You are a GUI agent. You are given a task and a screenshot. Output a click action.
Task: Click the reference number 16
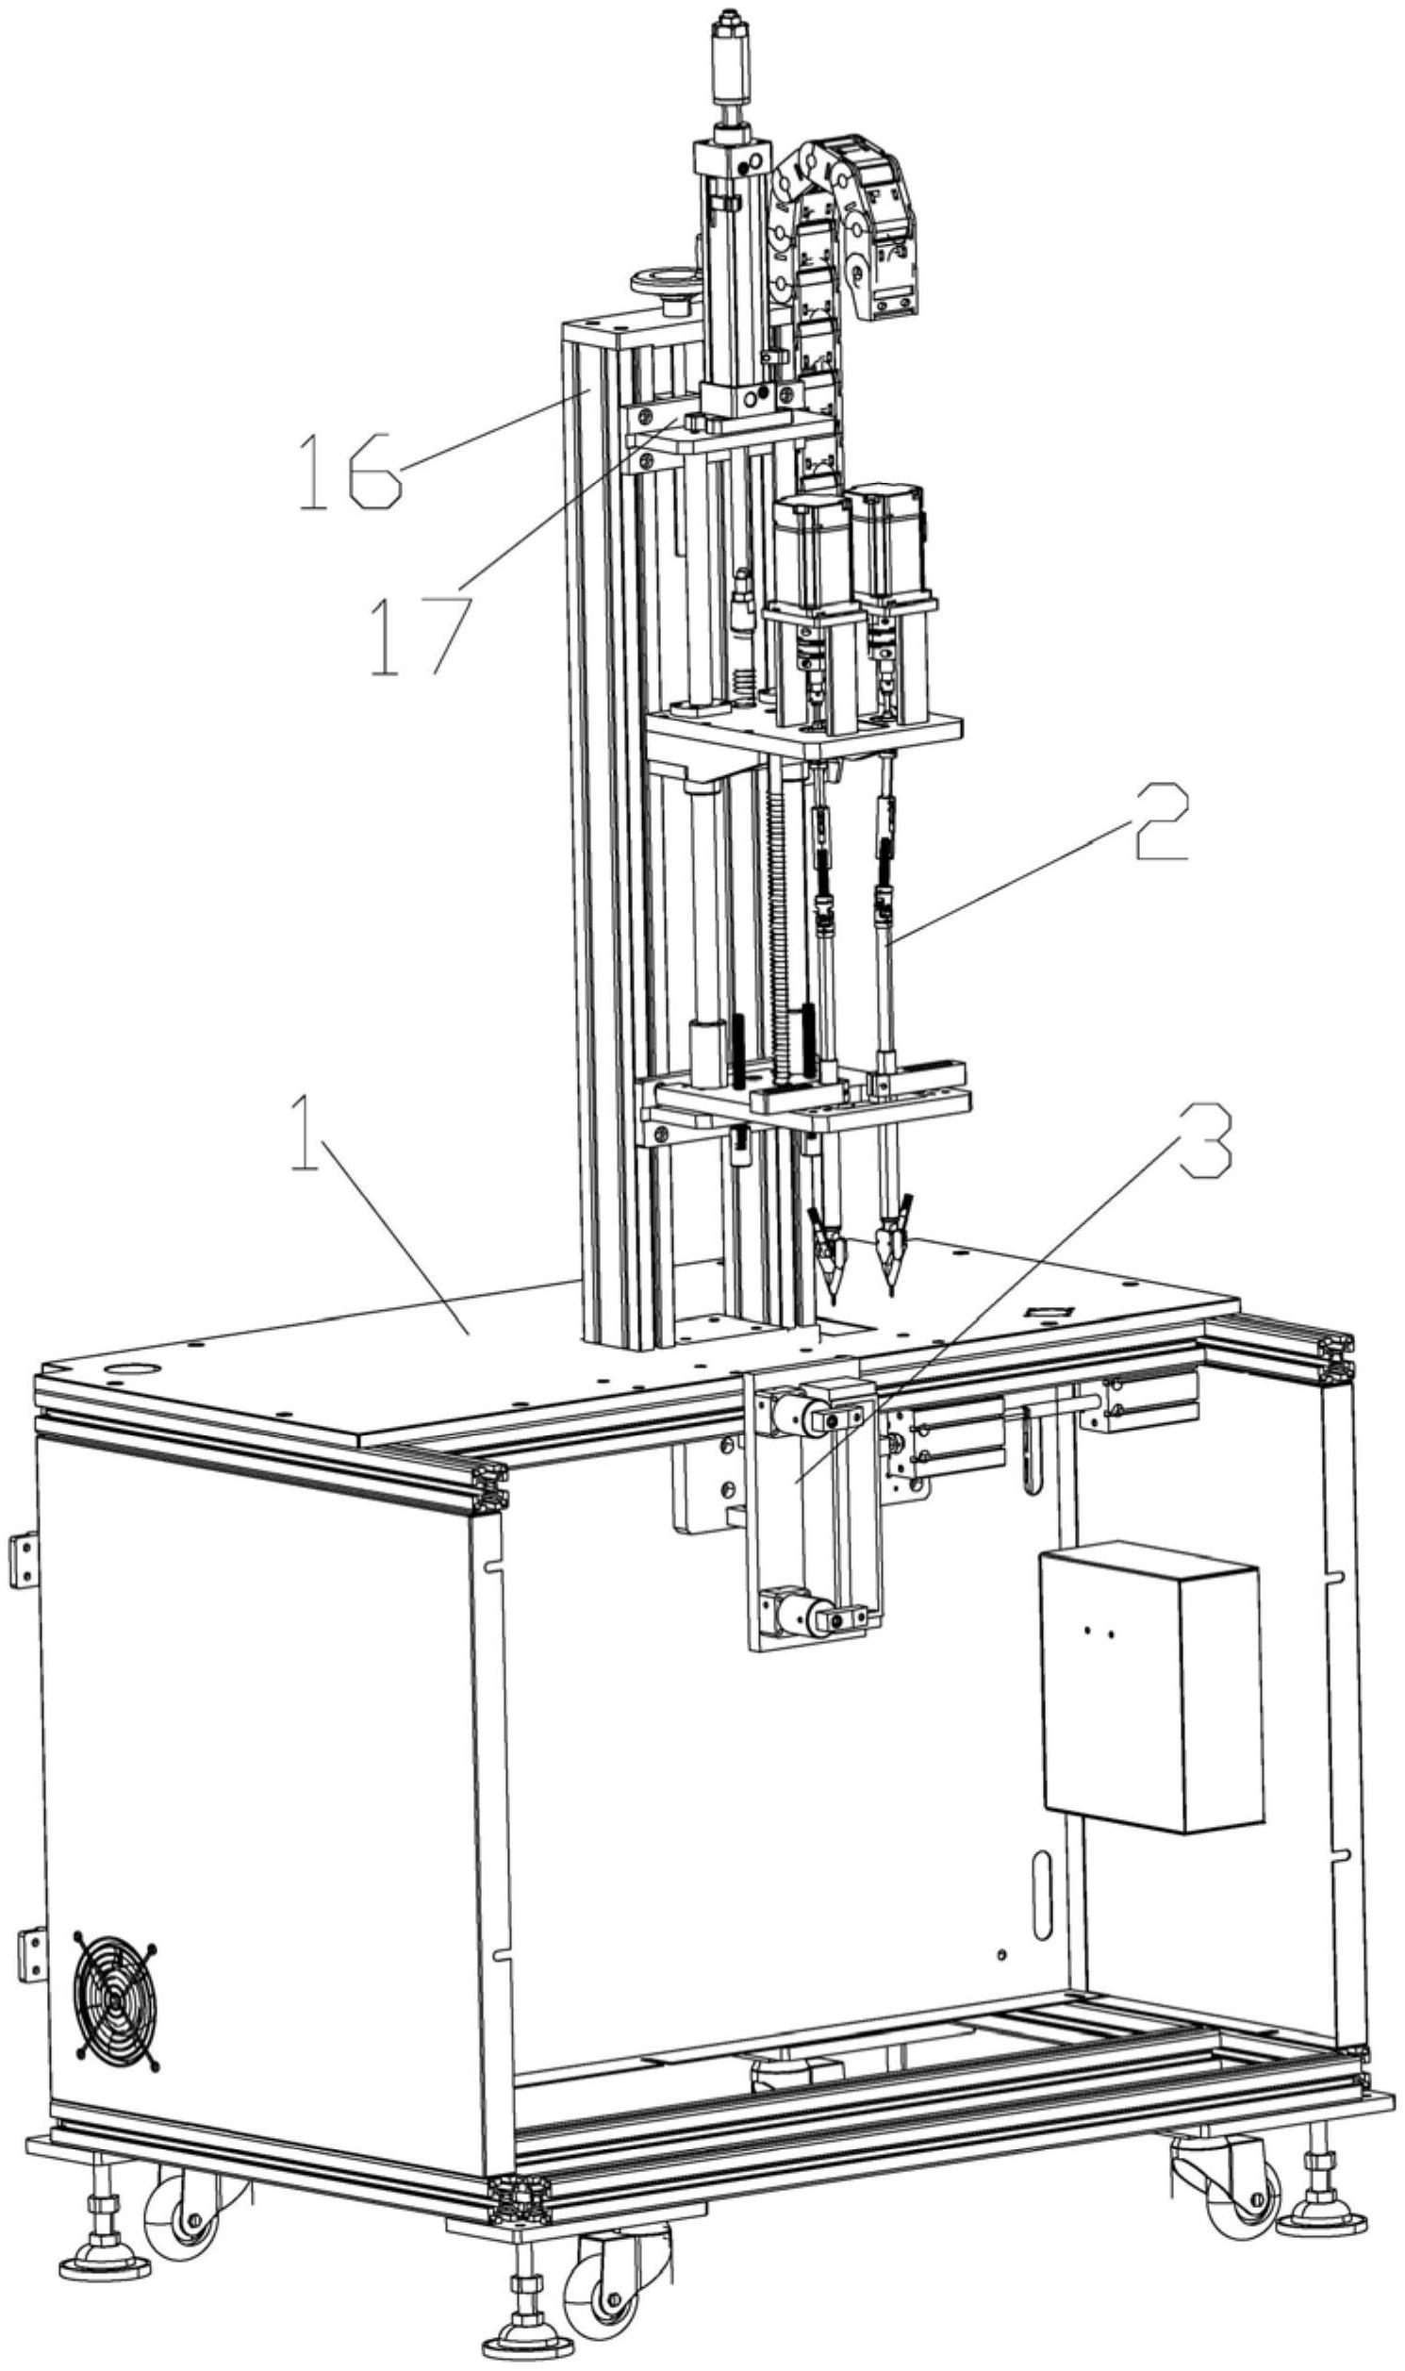point(348,471)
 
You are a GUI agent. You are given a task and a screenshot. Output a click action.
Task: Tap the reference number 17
point(421,634)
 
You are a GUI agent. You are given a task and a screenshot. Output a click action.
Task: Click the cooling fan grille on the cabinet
point(115,2000)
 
